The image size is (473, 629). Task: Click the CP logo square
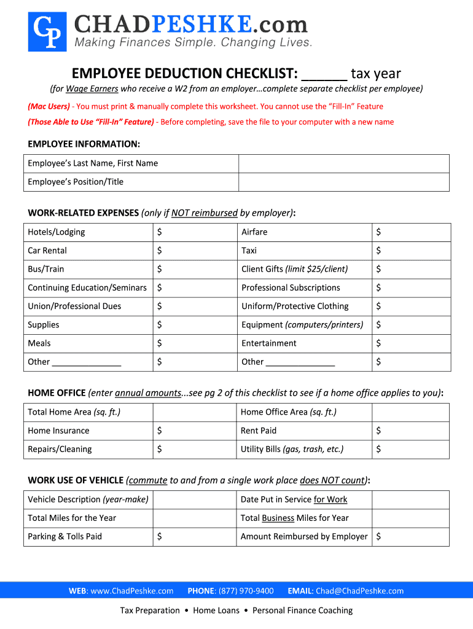click(x=47, y=31)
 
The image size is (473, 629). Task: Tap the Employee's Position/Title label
click(x=76, y=182)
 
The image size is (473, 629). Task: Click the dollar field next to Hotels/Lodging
click(x=194, y=232)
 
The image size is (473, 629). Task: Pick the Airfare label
click(x=254, y=232)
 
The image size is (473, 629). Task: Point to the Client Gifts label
click(x=294, y=269)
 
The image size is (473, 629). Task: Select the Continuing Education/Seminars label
click(x=87, y=287)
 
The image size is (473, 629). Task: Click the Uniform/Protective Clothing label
click(x=295, y=306)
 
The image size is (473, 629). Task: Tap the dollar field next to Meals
click(x=194, y=343)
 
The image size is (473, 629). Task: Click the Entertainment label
click(x=268, y=343)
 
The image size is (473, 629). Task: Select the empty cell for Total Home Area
click(x=194, y=412)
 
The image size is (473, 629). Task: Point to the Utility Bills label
click(x=292, y=449)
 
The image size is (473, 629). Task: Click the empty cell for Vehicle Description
click(x=194, y=499)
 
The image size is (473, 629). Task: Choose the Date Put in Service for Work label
click(x=294, y=499)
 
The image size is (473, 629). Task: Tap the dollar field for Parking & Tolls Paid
click(x=194, y=536)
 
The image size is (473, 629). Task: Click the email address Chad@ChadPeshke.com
click(x=359, y=591)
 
